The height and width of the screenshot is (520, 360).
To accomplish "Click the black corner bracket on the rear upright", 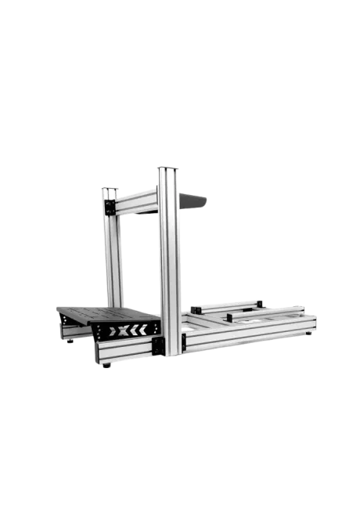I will click(109, 207).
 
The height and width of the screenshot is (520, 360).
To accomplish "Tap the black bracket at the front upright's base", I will click(158, 345).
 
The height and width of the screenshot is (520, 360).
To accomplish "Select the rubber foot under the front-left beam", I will click(105, 365).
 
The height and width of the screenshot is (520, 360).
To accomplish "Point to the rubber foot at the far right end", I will click(308, 334).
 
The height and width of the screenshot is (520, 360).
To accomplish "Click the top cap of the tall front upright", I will click(168, 167).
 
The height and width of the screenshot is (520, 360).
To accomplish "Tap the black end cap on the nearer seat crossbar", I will click(229, 316).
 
